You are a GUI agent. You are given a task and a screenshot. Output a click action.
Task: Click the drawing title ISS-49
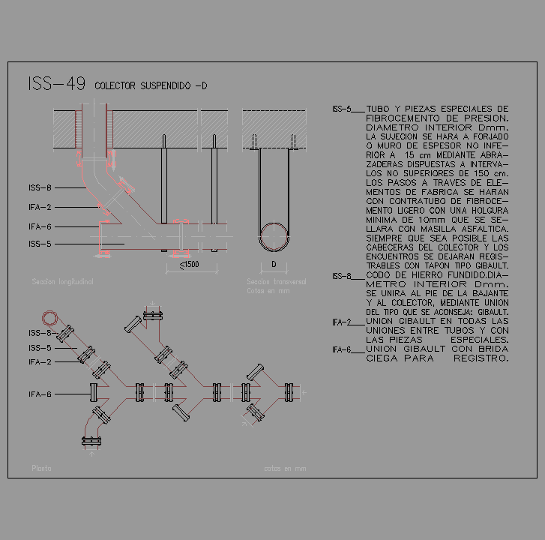55,84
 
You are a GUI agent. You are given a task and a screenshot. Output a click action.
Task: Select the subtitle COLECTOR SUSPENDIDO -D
151,86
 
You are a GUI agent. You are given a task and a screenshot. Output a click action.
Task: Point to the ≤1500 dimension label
190,265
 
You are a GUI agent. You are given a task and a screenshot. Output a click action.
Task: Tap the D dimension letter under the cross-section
274,265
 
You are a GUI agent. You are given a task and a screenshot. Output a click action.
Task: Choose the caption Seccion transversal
276,282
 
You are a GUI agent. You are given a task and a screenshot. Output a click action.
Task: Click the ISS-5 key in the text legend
341,109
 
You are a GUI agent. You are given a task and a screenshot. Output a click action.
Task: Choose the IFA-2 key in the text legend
341,322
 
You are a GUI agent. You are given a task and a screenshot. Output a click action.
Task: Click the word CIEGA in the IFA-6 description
383,358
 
